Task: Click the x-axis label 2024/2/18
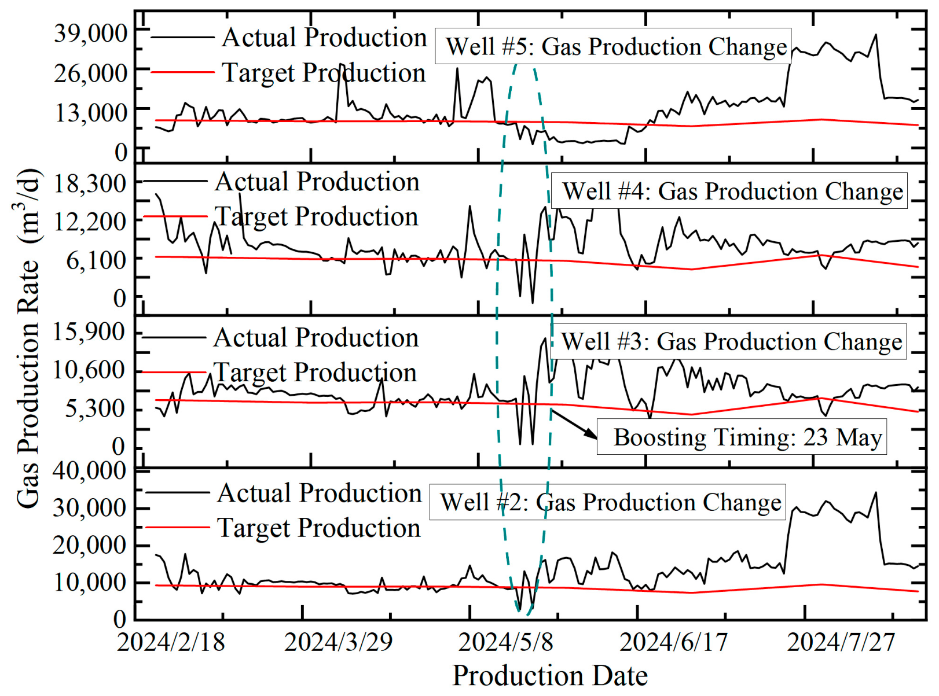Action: tap(171, 642)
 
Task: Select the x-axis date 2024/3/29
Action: tap(338, 642)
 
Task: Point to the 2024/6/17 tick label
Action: tap(673, 642)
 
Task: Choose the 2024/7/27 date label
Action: tap(841, 642)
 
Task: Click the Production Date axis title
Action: tap(550, 676)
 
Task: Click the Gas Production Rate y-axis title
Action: tap(29, 338)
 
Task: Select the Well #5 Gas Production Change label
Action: tap(616, 46)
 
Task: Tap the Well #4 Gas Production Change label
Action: tap(732, 191)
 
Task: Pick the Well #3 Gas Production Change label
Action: tap(732, 341)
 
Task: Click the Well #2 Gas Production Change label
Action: tap(611, 502)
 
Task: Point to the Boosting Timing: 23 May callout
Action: tap(747, 437)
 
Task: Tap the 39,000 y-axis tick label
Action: tap(90, 34)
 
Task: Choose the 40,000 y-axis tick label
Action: tap(89, 470)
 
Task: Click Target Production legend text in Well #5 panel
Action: tap(324, 72)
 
